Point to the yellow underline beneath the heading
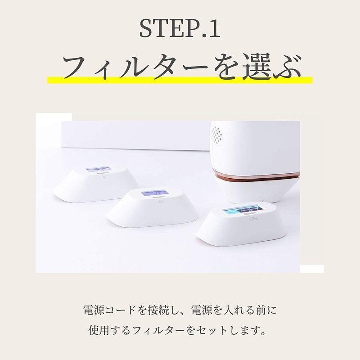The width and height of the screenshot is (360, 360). point(180,80)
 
